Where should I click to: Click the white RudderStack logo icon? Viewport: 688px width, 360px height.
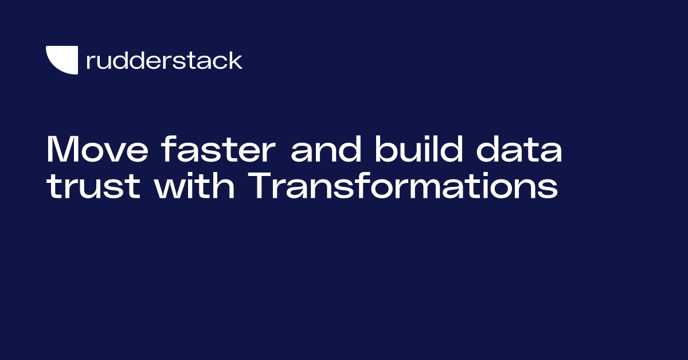[x=61, y=60]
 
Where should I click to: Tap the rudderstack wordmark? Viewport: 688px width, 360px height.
[x=164, y=60]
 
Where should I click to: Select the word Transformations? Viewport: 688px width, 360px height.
[x=404, y=187]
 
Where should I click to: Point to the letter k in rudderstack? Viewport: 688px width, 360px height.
[x=235, y=60]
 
